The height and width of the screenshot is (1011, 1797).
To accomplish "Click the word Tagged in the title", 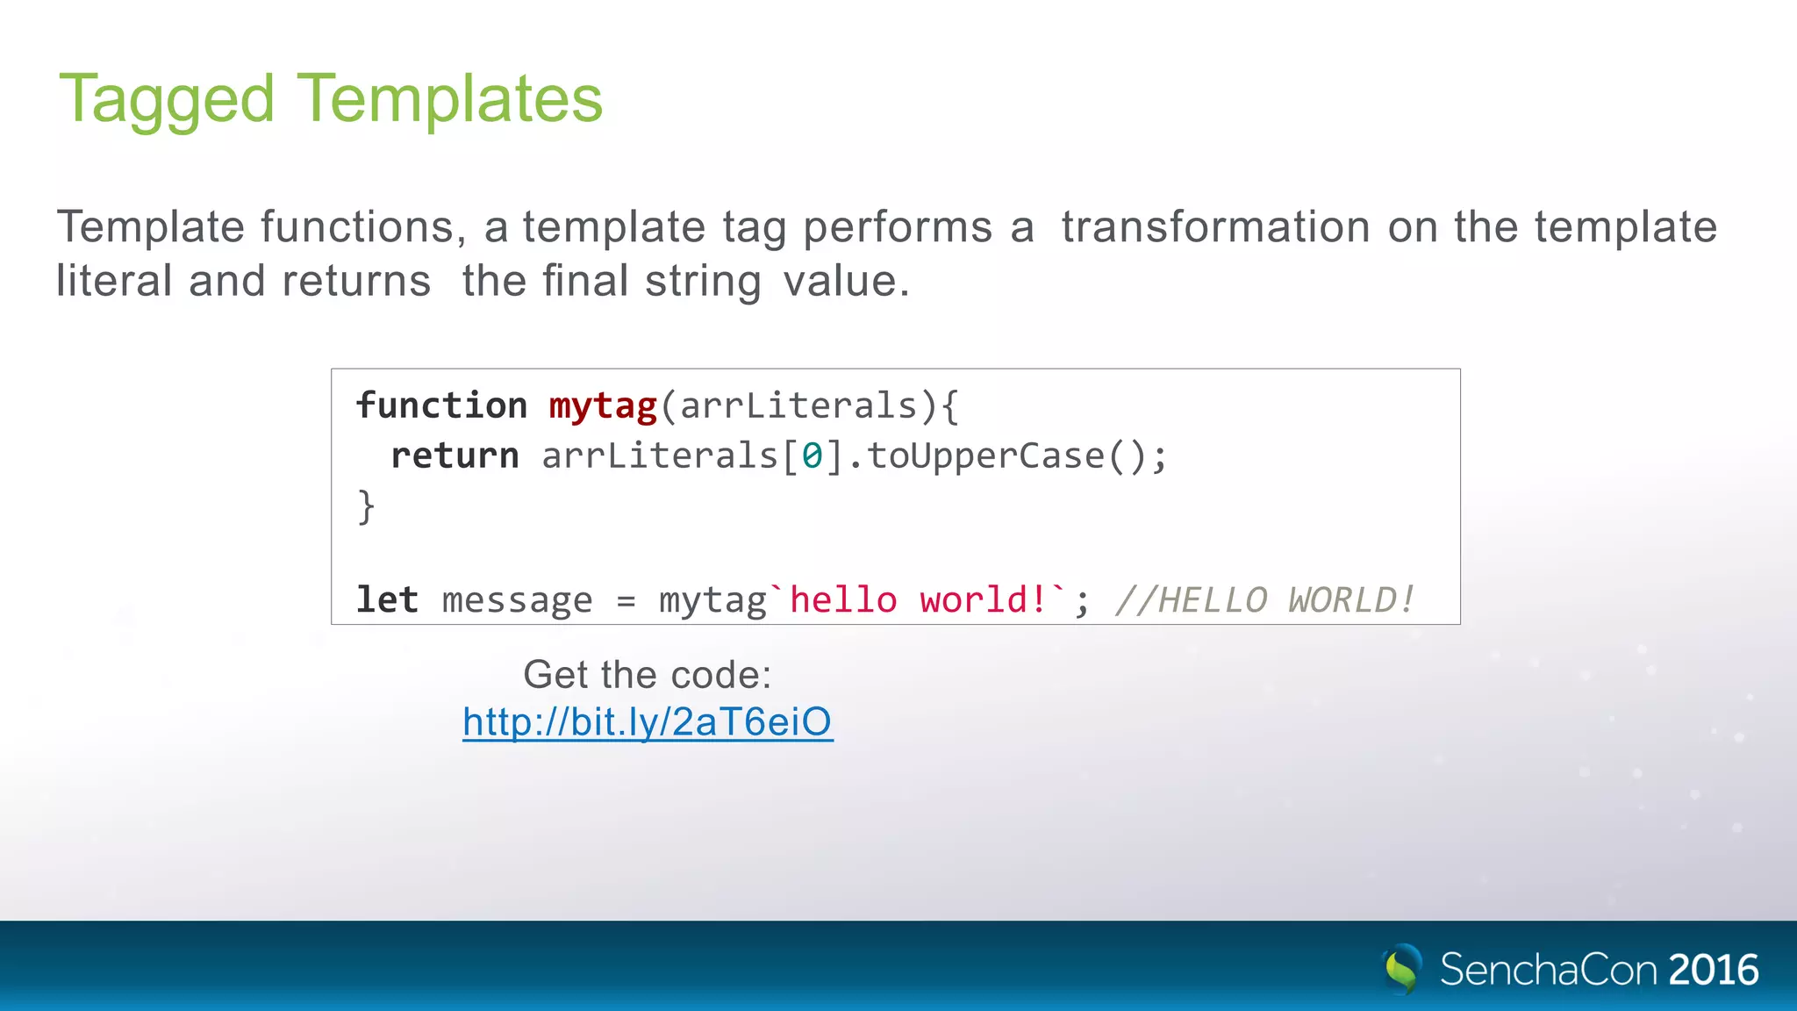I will tap(167, 99).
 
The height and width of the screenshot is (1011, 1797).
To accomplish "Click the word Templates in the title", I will tap(450, 97).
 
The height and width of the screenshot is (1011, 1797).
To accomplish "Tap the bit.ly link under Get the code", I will tap(648, 722).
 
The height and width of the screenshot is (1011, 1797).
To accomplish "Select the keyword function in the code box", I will tap(441, 405).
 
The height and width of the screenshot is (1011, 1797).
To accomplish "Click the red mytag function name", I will tap(603, 405).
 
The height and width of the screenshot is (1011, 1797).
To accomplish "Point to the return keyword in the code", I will tap(455, 455).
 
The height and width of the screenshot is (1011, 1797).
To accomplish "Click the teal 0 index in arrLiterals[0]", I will tap(812, 455).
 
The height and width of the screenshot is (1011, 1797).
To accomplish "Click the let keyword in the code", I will tap(387, 599).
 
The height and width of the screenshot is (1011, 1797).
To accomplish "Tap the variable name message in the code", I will tap(517, 600).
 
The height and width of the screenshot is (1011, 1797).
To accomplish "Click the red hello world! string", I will tap(918, 599).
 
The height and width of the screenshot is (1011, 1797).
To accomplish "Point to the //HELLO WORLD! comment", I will tap(1264, 600).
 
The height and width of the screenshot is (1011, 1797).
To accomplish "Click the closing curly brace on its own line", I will tap(366, 506).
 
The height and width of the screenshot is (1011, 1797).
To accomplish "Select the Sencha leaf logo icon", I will tap(1401, 969).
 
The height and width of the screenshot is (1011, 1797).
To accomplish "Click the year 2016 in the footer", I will tap(1713, 970).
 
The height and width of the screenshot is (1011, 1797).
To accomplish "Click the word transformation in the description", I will tap(1215, 226).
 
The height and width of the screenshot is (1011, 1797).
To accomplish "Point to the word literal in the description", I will tap(114, 281).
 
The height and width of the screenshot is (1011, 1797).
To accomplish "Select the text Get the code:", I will tap(647, 675).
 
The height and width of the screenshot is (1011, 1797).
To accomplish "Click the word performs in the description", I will tap(898, 226).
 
